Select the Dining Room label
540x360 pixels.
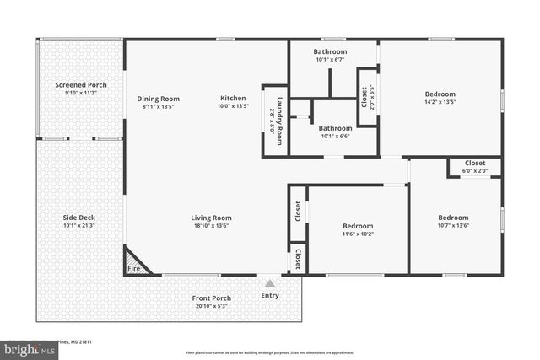159,99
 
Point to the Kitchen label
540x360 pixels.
234,98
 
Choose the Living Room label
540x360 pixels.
211,218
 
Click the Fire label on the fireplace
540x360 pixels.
133,268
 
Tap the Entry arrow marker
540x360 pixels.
270,284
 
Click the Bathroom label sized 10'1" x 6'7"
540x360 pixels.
331,51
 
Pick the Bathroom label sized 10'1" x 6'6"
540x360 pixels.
335,128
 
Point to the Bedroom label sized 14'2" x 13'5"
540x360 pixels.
440,94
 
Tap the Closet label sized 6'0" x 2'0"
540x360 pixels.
474,163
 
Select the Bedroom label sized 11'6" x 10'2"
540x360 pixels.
358,226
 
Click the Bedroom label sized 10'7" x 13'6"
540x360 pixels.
453,218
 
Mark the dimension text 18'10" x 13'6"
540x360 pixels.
211,225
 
